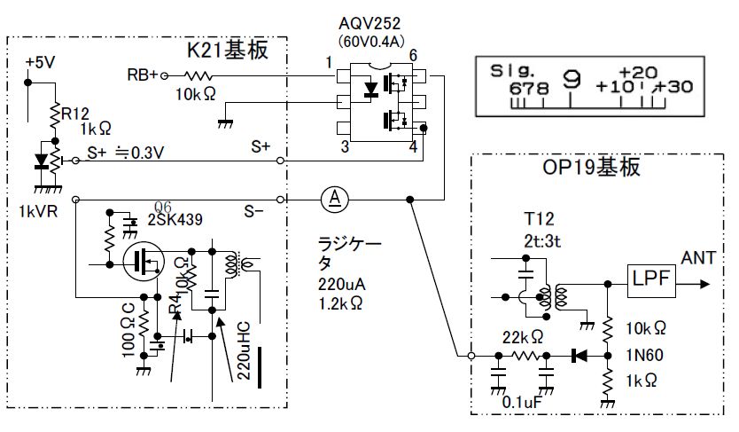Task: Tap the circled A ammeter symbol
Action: pos(335,198)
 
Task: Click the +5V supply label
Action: pos(42,63)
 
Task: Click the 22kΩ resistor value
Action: pos(522,337)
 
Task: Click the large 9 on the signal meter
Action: pos(572,81)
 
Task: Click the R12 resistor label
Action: pos(77,113)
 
